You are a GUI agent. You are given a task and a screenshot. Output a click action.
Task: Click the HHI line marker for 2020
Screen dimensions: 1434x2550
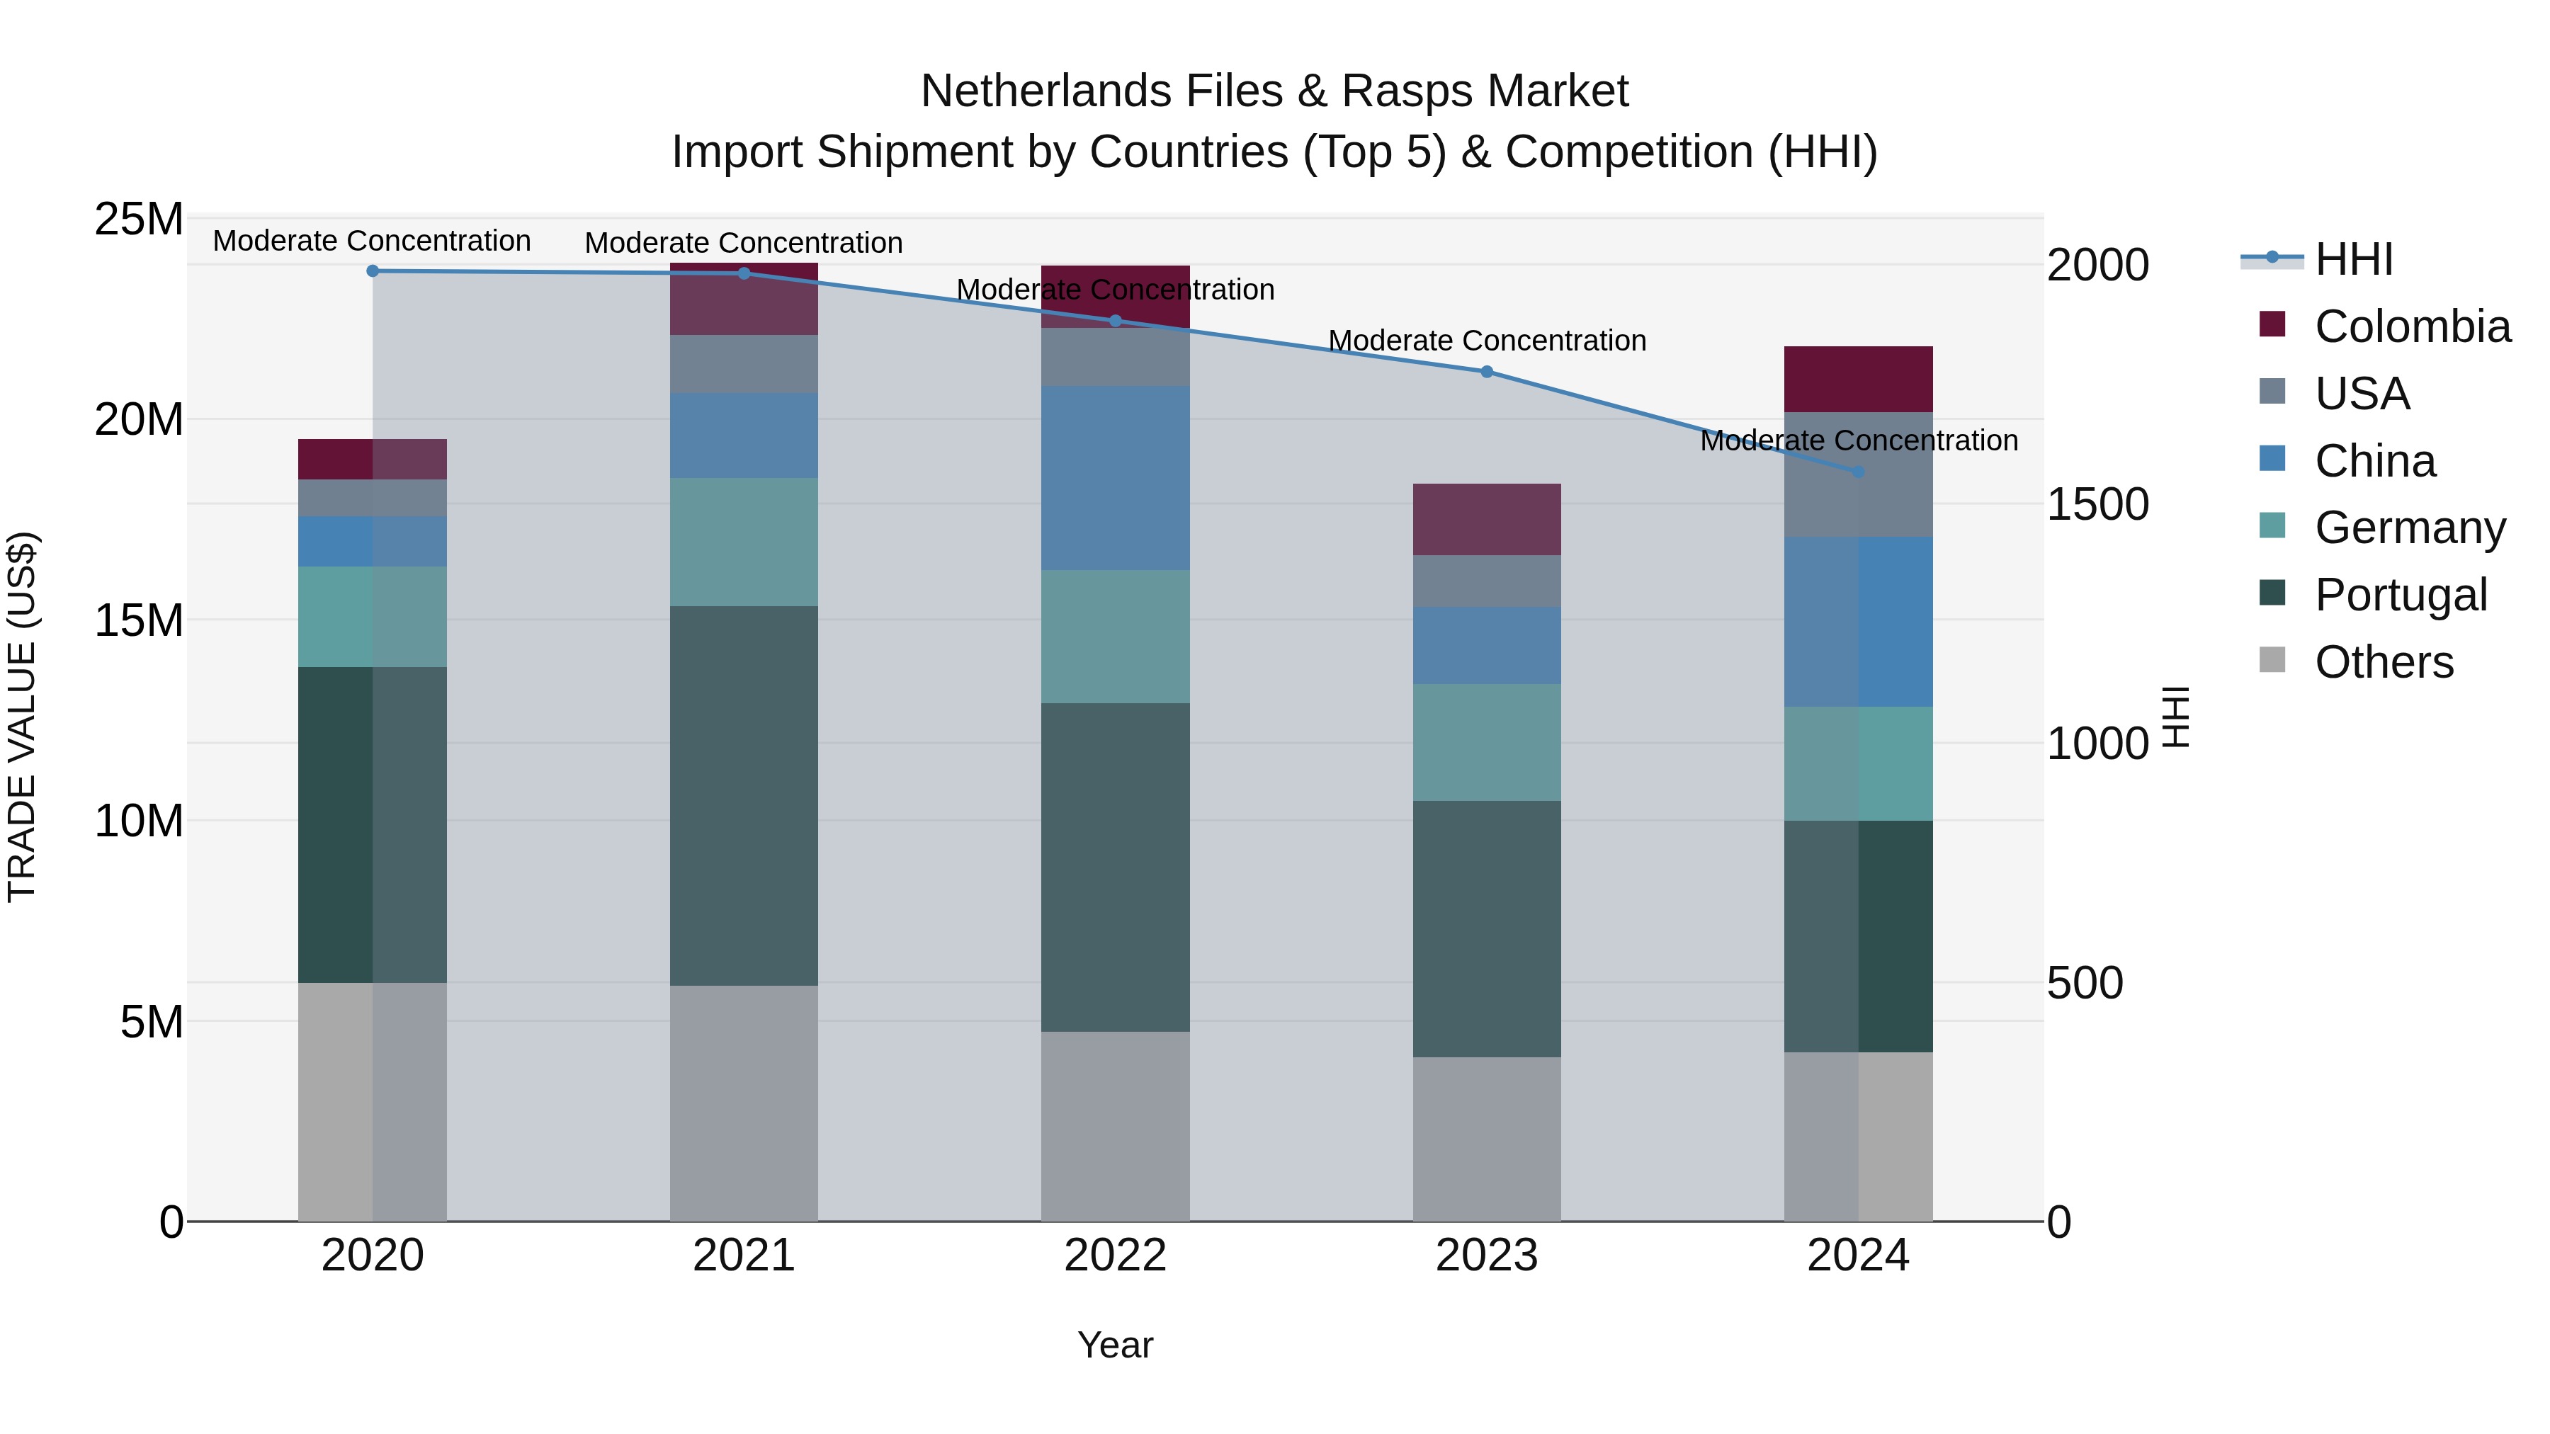click(x=372, y=271)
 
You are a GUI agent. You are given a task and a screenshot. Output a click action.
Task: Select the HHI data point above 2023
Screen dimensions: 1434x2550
click(x=1486, y=372)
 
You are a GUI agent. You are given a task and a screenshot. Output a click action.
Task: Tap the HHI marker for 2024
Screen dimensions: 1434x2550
click(x=1858, y=472)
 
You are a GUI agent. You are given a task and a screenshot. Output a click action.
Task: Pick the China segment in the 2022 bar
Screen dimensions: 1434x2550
click(x=1115, y=478)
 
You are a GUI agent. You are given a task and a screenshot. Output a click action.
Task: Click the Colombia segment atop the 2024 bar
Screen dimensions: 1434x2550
click(x=1858, y=379)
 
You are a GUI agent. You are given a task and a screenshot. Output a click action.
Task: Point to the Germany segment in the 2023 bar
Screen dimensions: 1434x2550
click(x=1486, y=742)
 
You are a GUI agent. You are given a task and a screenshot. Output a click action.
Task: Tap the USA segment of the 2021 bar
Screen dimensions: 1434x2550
click(x=744, y=363)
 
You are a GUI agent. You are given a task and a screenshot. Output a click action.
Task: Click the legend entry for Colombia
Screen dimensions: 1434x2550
click(x=2411, y=326)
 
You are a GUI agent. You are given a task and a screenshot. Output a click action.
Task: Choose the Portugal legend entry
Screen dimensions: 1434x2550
click(x=2400, y=595)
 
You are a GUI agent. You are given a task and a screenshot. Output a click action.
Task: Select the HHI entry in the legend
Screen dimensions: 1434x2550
click(x=2353, y=259)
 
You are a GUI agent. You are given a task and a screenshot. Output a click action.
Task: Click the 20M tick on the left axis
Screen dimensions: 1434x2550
click(x=139, y=420)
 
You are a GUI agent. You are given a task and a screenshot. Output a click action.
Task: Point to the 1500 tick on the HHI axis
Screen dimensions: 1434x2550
click(x=2097, y=505)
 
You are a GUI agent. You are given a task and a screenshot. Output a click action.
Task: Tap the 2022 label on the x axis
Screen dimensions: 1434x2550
click(x=1115, y=1256)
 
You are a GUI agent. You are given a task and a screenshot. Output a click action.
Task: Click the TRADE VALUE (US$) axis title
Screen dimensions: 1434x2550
click(x=22, y=717)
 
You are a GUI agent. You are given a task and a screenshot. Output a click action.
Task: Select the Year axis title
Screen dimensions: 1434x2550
click(x=1115, y=1345)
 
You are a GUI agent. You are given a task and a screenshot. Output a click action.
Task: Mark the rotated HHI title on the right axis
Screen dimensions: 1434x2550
click(x=2176, y=717)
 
